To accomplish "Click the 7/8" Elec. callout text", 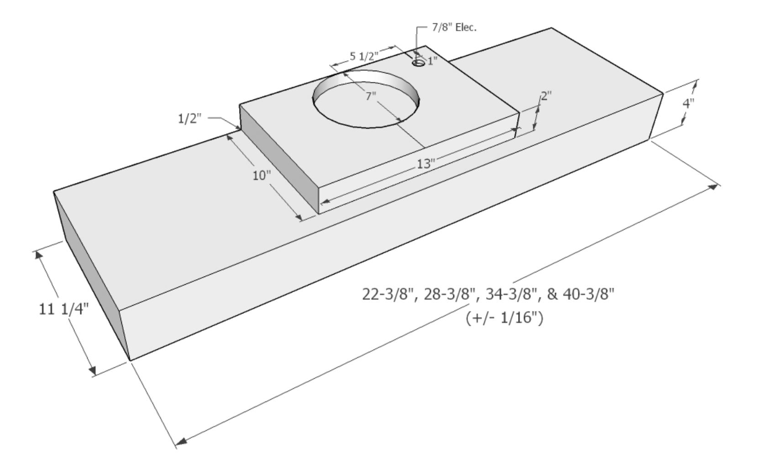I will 454,27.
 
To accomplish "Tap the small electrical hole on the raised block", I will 419,63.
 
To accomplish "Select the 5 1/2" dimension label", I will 364,57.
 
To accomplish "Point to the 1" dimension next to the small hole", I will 432,60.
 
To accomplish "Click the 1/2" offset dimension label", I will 189,119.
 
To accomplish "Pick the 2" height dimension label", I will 546,96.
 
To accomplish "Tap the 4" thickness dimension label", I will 688,103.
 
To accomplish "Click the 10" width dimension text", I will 262,175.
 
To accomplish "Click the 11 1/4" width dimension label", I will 63,309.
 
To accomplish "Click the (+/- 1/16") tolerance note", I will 504,318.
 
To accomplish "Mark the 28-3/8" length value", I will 451,294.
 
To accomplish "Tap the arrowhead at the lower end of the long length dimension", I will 182,441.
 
